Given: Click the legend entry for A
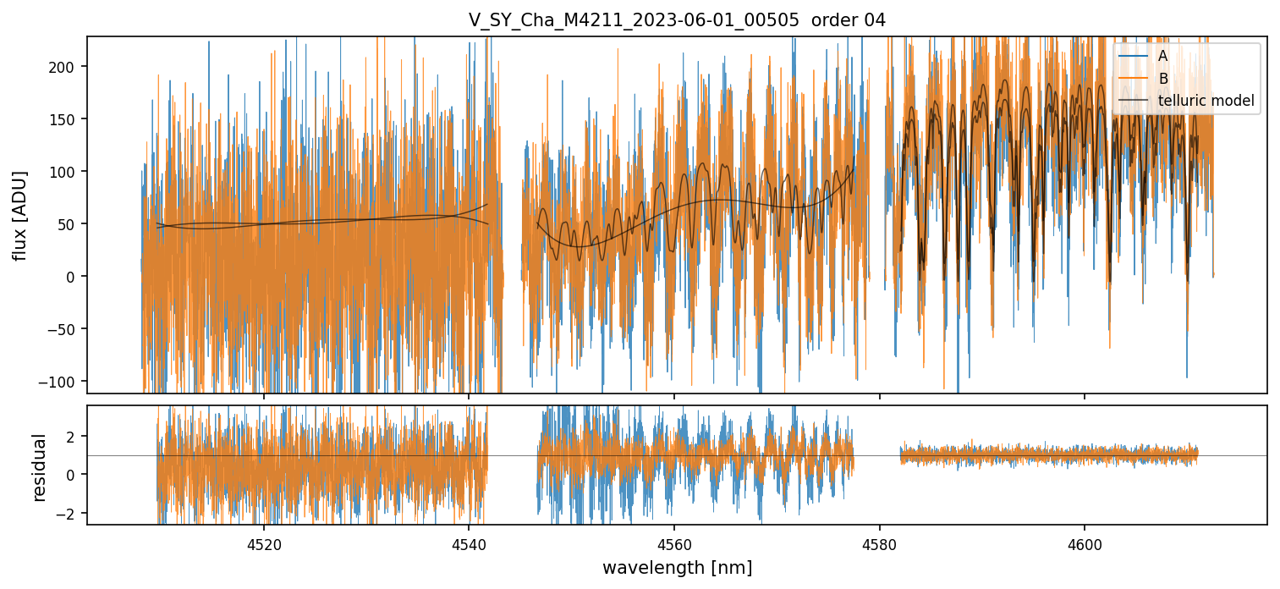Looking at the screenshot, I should pos(1162,56).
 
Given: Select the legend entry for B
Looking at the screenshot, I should pos(1162,79).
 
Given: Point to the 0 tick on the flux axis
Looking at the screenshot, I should pos(73,277).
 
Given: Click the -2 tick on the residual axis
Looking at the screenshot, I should pos(69,514).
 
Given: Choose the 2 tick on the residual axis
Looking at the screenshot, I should pos(73,436).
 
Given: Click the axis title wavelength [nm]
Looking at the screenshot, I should pos(677,567).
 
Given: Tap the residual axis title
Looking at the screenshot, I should pos(39,467).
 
